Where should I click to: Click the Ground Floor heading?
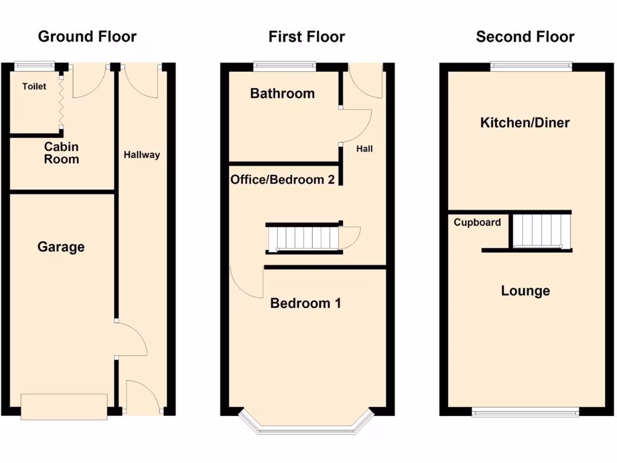(x=87, y=37)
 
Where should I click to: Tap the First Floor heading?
(x=307, y=37)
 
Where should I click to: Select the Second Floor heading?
(x=525, y=37)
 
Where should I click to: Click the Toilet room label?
(x=34, y=87)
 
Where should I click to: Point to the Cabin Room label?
(x=61, y=153)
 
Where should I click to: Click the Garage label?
(x=61, y=247)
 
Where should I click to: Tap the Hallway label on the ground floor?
(x=142, y=155)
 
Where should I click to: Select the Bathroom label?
(x=282, y=93)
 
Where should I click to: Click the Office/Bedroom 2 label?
(x=283, y=180)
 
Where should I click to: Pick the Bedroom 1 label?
(x=305, y=303)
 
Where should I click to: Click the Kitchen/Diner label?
(x=525, y=123)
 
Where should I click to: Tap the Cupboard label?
(x=477, y=222)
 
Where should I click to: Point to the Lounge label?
(x=525, y=291)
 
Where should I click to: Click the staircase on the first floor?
(x=304, y=237)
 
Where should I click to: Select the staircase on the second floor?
(x=540, y=230)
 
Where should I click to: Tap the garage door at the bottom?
(x=64, y=406)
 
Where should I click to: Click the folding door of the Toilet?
(x=61, y=100)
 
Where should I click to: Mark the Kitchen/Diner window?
(x=531, y=66)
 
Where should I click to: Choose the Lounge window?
(x=525, y=412)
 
